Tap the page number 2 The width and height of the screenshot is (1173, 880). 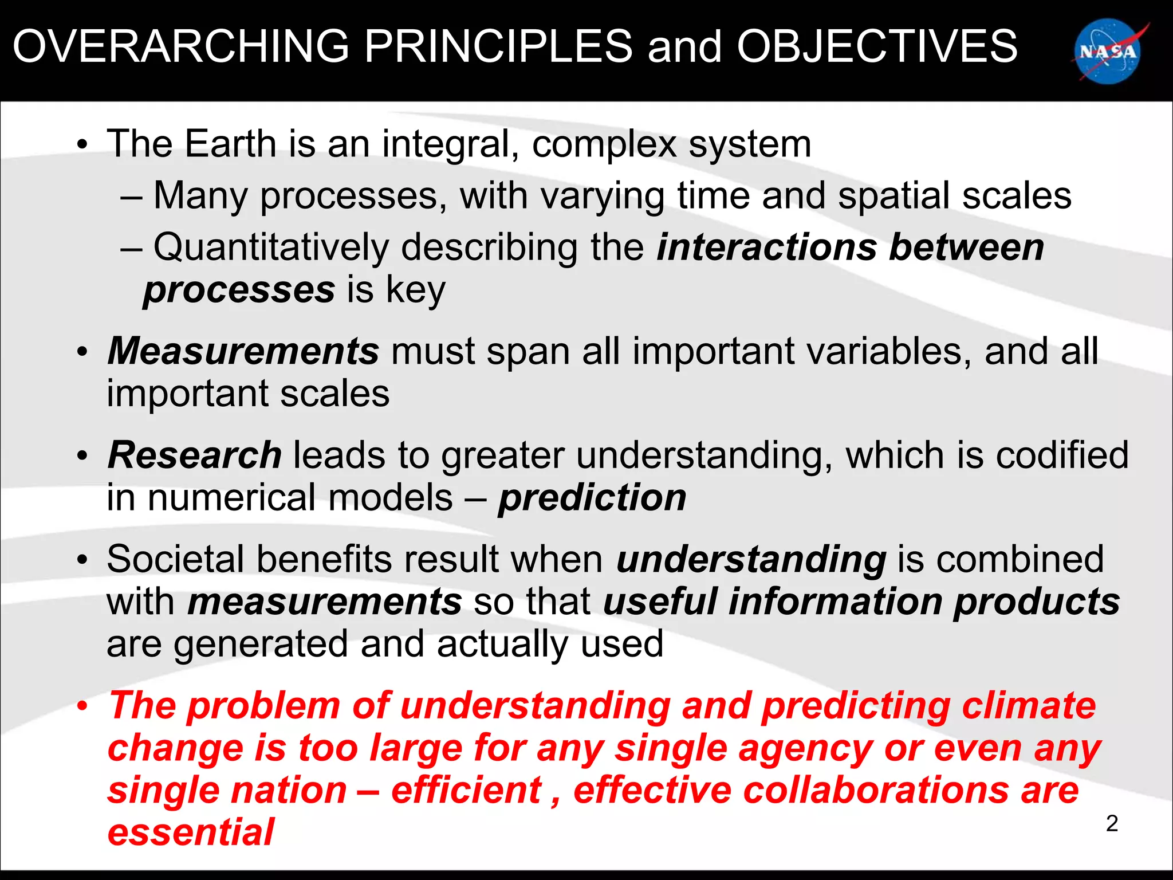(x=1112, y=823)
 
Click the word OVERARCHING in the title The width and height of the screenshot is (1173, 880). (x=181, y=46)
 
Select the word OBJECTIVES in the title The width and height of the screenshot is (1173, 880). (x=877, y=46)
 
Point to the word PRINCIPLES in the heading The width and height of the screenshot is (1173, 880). (x=498, y=46)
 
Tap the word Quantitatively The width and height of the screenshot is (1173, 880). (x=271, y=247)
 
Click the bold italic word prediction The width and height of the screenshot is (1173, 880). (x=592, y=497)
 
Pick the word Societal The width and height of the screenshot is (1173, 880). (x=175, y=559)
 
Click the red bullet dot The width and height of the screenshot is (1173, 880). (x=83, y=706)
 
